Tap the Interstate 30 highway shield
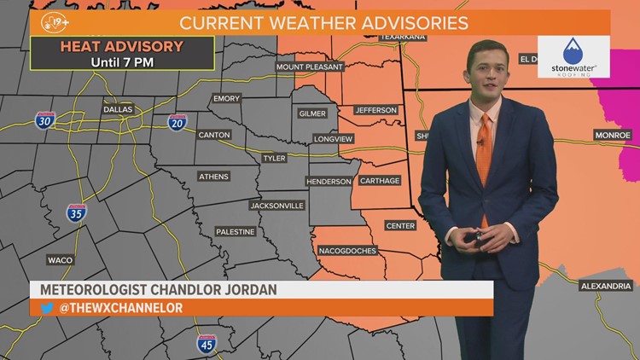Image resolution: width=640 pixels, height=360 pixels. [45, 119]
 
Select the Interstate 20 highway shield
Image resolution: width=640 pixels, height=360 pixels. [177, 122]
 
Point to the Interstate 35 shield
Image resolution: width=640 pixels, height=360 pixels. [76, 213]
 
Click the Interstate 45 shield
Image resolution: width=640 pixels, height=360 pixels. [205, 343]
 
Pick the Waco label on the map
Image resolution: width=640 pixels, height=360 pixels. [60, 259]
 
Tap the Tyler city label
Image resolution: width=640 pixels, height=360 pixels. [274, 158]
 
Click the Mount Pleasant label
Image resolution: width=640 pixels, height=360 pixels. [309, 67]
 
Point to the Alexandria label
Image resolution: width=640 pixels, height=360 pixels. [604, 286]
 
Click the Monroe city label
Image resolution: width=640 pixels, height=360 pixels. [613, 135]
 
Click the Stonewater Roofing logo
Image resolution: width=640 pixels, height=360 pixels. [573, 56]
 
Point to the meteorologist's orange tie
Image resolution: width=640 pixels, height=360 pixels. [484, 154]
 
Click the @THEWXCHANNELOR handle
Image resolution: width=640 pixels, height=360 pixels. [120, 308]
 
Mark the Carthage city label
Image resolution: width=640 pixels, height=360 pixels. [380, 181]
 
